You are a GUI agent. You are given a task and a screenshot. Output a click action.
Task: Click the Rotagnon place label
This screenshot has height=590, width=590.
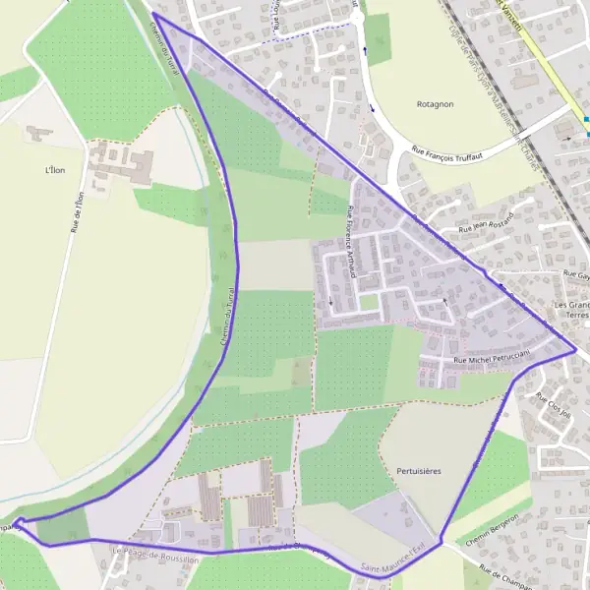pyautogui.click(x=434, y=103)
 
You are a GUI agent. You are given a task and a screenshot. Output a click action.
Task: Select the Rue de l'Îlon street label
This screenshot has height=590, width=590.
pyautogui.click(x=78, y=210)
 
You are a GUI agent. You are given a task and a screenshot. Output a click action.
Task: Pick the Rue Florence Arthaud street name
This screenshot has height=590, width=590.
pyautogui.click(x=351, y=242)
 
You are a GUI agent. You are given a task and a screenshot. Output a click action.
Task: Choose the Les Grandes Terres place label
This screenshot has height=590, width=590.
pyautogui.click(x=570, y=311)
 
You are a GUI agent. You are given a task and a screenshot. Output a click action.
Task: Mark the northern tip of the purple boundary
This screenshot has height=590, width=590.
pyautogui.click(x=155, y=15)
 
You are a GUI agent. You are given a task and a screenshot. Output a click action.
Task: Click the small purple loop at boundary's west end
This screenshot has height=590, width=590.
pyautogui.click(x=19, y=523)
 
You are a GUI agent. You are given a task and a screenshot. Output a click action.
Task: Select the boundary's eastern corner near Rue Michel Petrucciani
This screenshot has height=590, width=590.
pyautogui.click(x=574, y=349)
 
